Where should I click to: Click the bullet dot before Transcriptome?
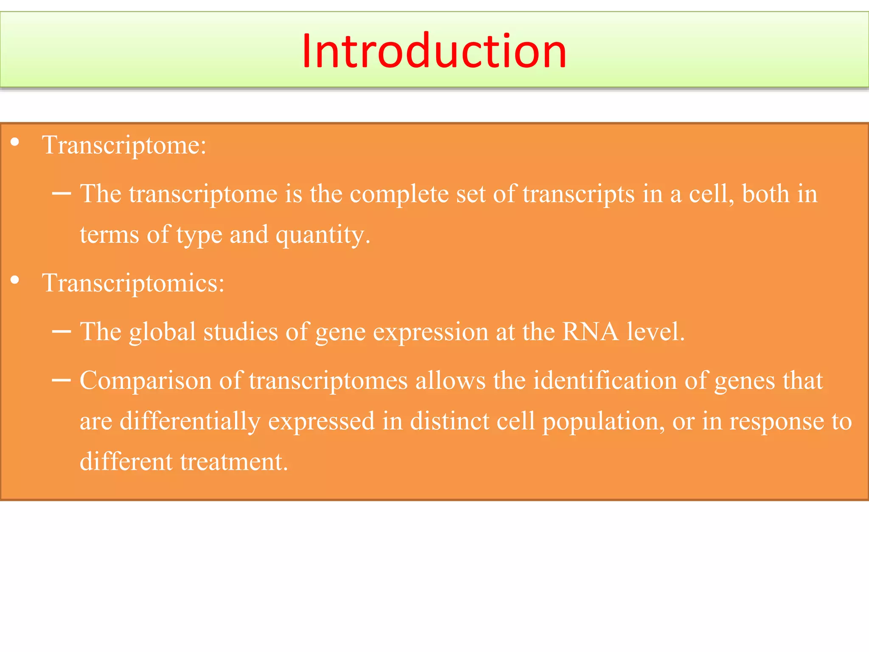click(15, 143)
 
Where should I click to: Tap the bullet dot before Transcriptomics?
click(15, 280)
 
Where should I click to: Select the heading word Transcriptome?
click(124, 146)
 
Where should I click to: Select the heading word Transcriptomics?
click(133, 284)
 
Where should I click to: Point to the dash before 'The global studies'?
click(61, 332)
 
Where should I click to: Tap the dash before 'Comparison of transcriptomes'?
click(61, 380)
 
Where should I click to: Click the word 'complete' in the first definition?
click(399, 194)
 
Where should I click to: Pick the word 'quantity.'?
click(323, 235)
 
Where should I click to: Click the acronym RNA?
click(590, 332)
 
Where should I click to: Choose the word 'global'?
click(163, 332)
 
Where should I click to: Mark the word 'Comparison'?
click(146, 380)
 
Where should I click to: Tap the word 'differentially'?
click(190, 422)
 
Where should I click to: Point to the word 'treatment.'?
click(234, 462)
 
